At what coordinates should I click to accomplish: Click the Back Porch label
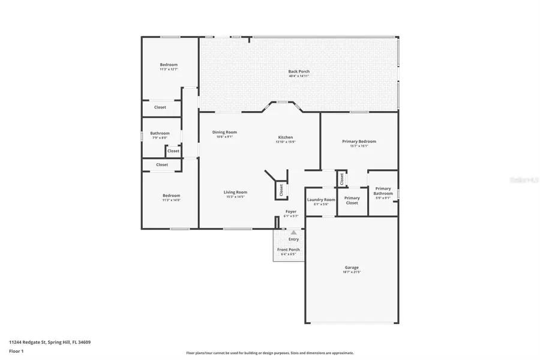click(299, 71)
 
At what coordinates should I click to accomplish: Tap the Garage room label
click(352, 268)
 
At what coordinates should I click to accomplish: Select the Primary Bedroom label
click(359, 142)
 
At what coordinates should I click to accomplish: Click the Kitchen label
click(285, 137)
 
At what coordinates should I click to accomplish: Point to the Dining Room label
click(224, 132)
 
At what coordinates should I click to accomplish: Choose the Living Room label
click(236, 192)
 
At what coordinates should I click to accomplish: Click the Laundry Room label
click(321, 199)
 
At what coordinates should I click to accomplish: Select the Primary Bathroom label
click(383, 191)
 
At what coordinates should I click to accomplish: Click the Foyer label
click(291, 211)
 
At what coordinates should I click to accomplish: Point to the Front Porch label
click(289, 250)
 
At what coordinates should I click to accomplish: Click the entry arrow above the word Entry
click(293, 232)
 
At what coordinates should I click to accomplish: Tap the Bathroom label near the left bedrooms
click(160, 133)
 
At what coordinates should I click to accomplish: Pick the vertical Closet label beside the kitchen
click(281, 190)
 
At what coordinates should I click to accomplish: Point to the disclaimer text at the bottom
click(270, 353)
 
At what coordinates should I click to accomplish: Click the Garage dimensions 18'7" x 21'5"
click(352, 272)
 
